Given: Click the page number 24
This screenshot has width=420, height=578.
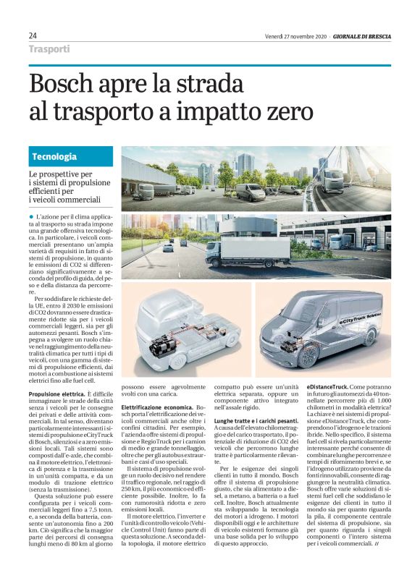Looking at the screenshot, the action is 33,35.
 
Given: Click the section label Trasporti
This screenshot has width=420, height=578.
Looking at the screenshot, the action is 49,49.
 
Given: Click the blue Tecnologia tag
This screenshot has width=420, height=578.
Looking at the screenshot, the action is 54,156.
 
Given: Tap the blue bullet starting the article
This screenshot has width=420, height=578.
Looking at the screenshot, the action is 31,217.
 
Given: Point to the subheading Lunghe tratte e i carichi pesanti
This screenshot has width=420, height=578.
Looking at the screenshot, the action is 256,420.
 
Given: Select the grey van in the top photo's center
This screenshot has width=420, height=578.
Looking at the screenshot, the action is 251,191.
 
